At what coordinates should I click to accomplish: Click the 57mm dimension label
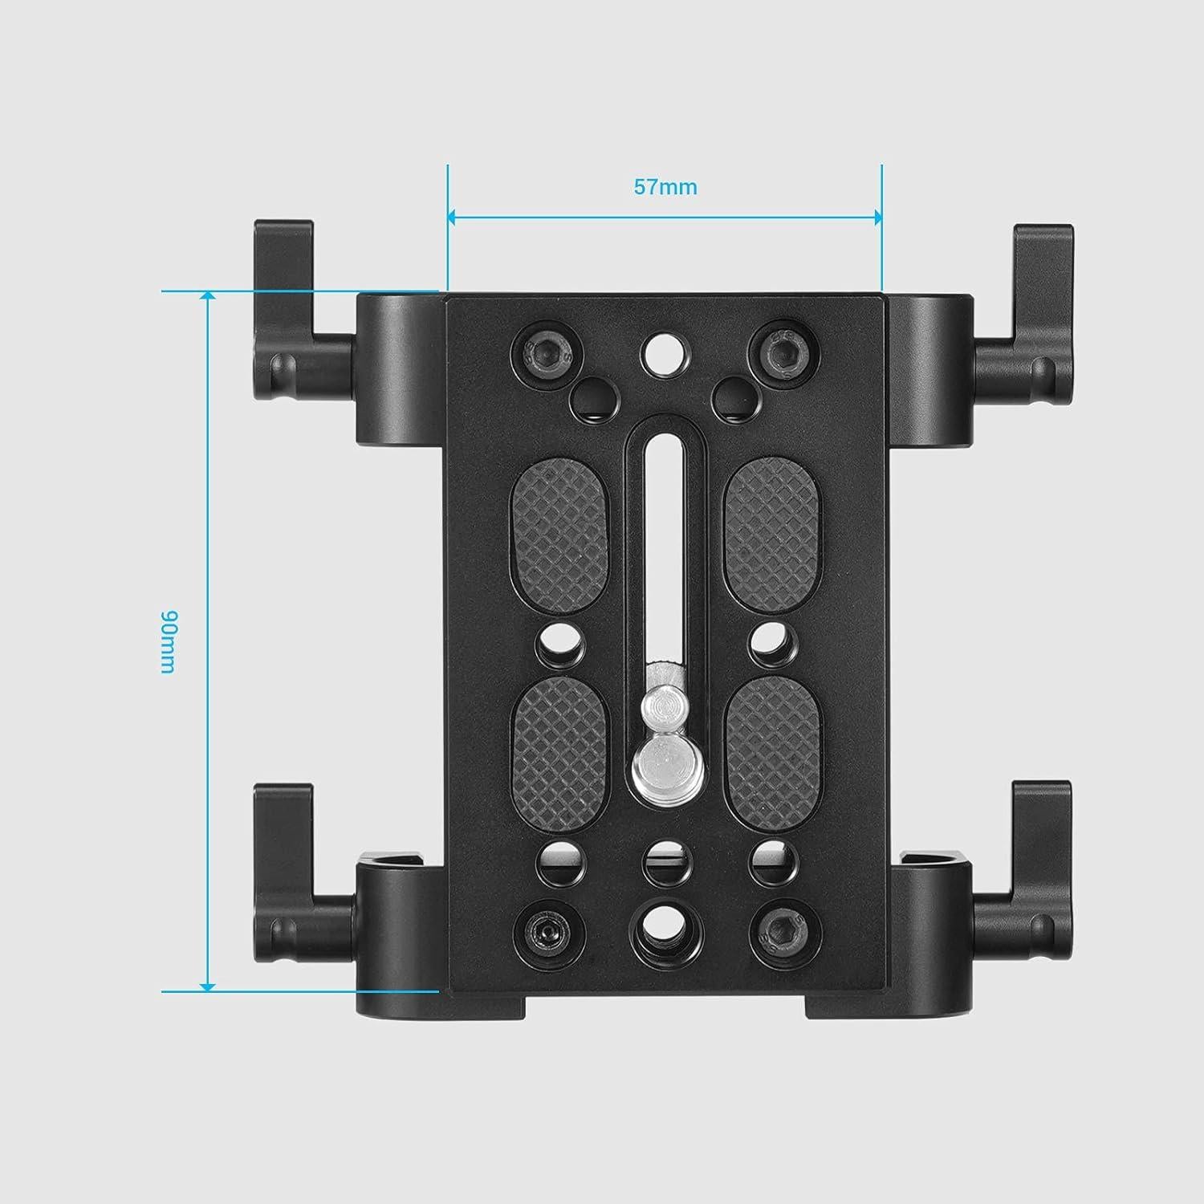pyautogui.click(x=665, y=187)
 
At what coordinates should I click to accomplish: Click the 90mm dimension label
pyautogui.click(x=168, y=642)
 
